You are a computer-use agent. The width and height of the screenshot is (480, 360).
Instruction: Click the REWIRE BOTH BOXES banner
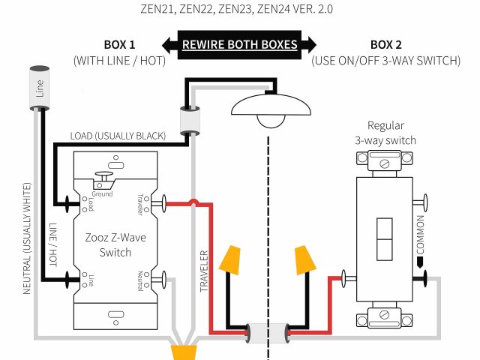239,44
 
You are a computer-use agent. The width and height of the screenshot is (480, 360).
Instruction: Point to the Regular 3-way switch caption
385,133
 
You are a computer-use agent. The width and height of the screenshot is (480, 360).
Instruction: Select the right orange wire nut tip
304,259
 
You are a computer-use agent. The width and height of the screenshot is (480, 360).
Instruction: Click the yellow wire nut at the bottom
184,352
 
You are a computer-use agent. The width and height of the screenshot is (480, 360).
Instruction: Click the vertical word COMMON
420,235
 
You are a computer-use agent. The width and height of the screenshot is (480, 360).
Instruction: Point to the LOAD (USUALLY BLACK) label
118,136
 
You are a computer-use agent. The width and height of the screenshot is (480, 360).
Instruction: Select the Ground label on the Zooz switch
102,193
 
